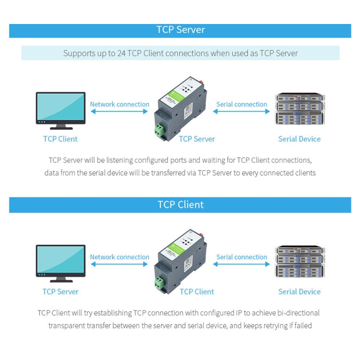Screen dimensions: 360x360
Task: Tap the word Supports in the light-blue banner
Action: [x=79, y=53]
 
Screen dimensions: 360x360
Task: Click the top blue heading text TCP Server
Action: [x=180, y=30]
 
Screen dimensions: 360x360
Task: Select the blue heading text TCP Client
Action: [x=180, y=204]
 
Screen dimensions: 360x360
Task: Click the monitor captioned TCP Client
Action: [x=60, y=110]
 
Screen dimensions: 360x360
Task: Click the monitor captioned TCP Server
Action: [x=60, y=263]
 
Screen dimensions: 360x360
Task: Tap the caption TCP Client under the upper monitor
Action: [x=60, y=139]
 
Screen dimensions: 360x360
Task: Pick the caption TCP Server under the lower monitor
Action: [x=60, y=291]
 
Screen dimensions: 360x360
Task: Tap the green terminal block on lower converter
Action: [x=159, y=283]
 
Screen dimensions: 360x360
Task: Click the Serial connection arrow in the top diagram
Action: [x=241, y=111]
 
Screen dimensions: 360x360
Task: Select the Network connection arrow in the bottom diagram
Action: [x=120, y=264]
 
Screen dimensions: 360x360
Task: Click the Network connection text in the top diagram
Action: [x=120, y=104]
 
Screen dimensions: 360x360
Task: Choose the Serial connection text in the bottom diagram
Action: [x=241, y=257]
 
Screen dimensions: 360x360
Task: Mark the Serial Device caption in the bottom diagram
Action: [x=299, y=291]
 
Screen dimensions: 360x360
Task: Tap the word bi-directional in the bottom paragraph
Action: [x=296, y=313]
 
